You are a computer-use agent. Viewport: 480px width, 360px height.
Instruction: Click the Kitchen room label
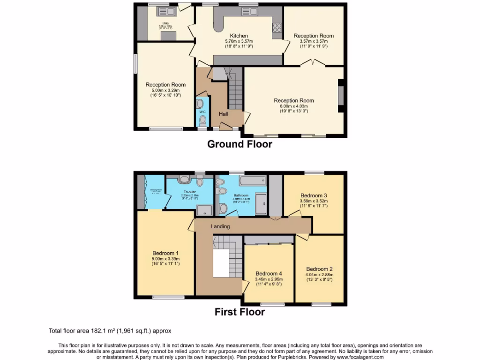point(239,36)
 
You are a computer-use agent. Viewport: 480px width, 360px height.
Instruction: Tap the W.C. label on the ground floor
point(202,112)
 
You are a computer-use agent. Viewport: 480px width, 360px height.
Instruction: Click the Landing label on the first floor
point(220,226)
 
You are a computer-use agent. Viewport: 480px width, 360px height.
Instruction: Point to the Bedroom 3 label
point(314,195)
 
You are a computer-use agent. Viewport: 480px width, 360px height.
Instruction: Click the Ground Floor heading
point(240,144)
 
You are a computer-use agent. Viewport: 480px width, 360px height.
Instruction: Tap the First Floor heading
point(240,312)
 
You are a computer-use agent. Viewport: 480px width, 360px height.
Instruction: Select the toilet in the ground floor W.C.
point(202,121)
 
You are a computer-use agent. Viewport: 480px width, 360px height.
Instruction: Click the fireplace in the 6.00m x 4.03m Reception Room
point(341,96)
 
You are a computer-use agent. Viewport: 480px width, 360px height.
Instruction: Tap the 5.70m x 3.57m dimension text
point(239,41)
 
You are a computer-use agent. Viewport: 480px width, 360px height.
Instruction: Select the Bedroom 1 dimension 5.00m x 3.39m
point(165,259)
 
